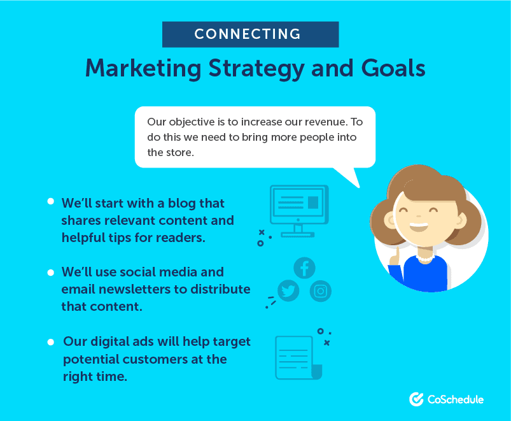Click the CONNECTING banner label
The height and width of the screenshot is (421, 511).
(248, 34)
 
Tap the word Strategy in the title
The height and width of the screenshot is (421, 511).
(256, 69)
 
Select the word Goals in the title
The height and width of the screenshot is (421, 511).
(393, 68)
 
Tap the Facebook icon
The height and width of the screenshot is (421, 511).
(304, 268)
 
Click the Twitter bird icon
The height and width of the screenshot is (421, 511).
(288, 290)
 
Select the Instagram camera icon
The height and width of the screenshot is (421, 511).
(320, 291)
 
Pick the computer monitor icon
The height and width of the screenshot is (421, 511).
(299, 211)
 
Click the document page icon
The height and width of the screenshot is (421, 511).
(298, 358)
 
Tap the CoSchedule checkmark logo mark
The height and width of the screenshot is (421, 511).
(416, 399)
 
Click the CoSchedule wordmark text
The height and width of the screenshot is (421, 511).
(455, 399)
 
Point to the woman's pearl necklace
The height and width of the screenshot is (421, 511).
(425, 259)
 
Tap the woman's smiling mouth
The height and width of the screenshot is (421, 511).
(419, 227)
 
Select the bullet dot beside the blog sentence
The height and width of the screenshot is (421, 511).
(50, 201)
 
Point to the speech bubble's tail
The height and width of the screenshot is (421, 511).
(349, 176)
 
